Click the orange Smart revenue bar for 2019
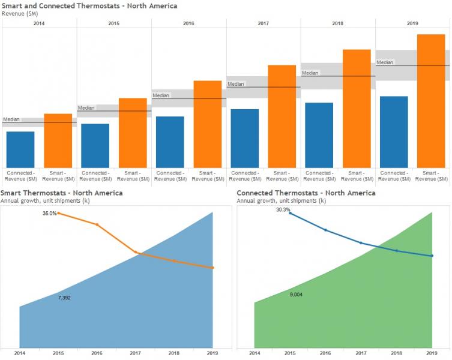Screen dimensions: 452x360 (x=431, y=101)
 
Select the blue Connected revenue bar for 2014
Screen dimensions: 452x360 (x=20, y=150)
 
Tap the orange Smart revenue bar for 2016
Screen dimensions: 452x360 (x=208, y=124)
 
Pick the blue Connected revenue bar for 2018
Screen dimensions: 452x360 (x=319, y=135)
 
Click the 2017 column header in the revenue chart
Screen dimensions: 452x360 (x=263, y=23)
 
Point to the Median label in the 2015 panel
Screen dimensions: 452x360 (x=86, y=108)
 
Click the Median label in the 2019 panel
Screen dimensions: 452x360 (x=385, y=62)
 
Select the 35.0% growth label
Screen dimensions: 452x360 (x=49, y=214)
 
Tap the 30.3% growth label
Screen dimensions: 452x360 (x=283, y=210)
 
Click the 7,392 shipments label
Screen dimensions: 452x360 (x=64, y=298)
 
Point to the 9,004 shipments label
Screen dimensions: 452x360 (x=296, y=295)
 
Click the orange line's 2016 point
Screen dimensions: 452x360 (x=97, y=224)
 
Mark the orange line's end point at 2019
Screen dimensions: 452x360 (x=212, y=268)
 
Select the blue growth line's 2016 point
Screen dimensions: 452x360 (x=325, y=230)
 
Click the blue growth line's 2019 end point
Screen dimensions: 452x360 (x=432, y=256)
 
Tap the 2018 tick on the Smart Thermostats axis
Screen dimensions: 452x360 (x=174, y=353)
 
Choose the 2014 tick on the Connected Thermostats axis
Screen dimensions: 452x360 (x=255, y=353)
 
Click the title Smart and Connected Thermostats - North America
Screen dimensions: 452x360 (x=89, y=6)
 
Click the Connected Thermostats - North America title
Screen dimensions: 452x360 (x=306, y=193)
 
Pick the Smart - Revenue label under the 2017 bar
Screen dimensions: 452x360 (x=282, y=176)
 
